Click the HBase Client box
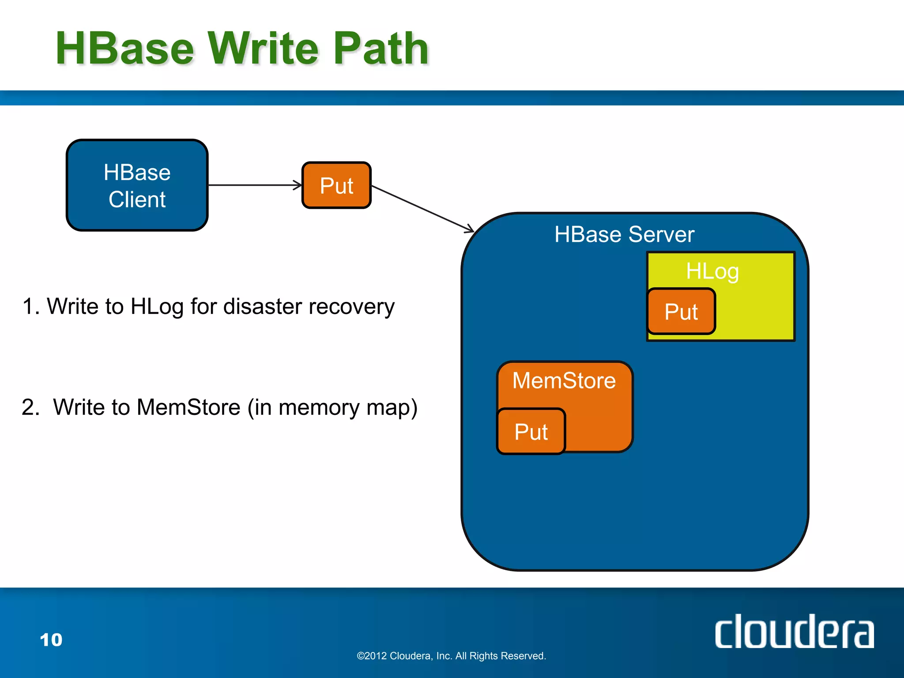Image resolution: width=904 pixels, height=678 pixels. click(137, 185)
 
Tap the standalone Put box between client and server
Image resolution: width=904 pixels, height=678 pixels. click(336, 185)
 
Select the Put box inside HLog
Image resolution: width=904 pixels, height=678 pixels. click(681, 312)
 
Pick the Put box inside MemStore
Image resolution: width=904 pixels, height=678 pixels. click(531, 431)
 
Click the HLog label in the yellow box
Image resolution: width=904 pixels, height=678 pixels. click(712, 271)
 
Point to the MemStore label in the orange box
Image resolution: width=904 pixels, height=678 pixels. click(564, 380)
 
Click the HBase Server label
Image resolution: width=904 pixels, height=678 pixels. click(624, 234)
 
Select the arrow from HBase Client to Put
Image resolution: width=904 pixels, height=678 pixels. click(255, 185)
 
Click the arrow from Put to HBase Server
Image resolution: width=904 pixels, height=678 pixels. click(422, 208)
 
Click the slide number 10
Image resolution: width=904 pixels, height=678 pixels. click(51, 640)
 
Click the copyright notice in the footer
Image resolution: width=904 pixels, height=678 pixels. click(451, 656)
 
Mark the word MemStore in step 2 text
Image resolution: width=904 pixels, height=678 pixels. click(188, 407)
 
